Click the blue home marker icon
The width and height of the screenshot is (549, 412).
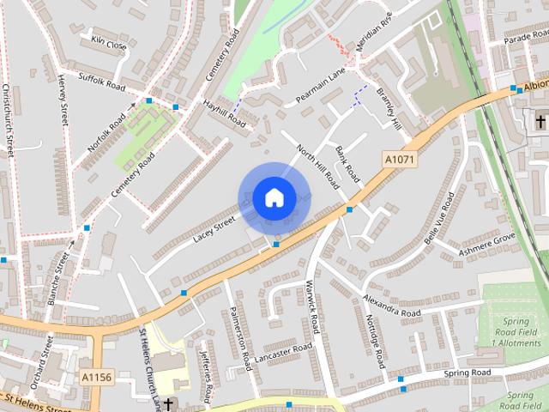pyautogui.click(x=274, y=197)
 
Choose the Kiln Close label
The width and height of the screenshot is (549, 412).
pyautogui.click(x=109, y=42)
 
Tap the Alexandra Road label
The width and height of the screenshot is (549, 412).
pyautogui.click(x=391, y=306)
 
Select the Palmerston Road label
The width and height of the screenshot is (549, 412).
pyautogui.click(x=239, y=339)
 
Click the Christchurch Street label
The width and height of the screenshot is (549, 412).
pyautogui.click(x=8, y=119)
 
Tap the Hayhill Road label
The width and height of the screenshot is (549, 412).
pyautogui.click(x=225, y=114)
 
